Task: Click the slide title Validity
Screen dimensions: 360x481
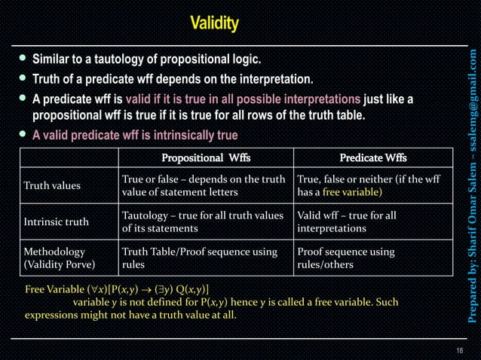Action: coord(214,24)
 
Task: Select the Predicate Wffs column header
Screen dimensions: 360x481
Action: coord(373,157)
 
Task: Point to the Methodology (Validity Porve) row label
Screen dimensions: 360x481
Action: coord(60,258)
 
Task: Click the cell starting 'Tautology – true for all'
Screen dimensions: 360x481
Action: coord(202,221)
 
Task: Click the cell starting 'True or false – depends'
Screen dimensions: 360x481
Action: coord(203,185)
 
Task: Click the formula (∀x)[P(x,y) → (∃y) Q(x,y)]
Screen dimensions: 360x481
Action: coord(139,289)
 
